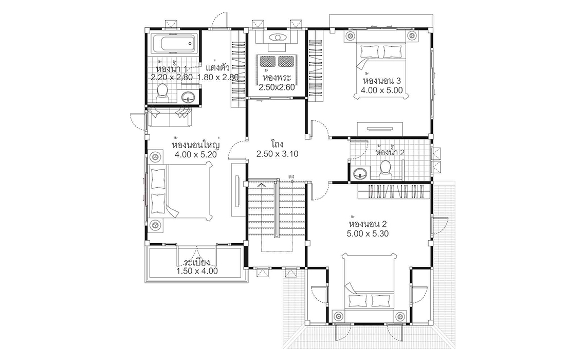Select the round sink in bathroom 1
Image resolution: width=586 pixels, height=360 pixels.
188,97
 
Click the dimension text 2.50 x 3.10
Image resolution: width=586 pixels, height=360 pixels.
277,154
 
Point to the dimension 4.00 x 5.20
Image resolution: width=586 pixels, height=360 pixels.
195,154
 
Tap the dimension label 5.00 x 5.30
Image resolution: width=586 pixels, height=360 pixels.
368,233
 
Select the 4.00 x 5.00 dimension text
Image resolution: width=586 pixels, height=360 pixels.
381,90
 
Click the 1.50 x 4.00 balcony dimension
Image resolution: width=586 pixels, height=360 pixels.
197,271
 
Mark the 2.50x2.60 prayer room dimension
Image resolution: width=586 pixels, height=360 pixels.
277,87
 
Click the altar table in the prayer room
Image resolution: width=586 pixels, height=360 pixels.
277,38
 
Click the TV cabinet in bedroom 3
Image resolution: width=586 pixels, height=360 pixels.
380,128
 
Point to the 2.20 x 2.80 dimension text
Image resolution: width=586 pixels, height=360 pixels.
172,77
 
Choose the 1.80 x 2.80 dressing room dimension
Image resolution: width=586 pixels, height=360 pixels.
218,77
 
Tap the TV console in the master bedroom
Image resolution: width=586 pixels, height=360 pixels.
236,189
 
